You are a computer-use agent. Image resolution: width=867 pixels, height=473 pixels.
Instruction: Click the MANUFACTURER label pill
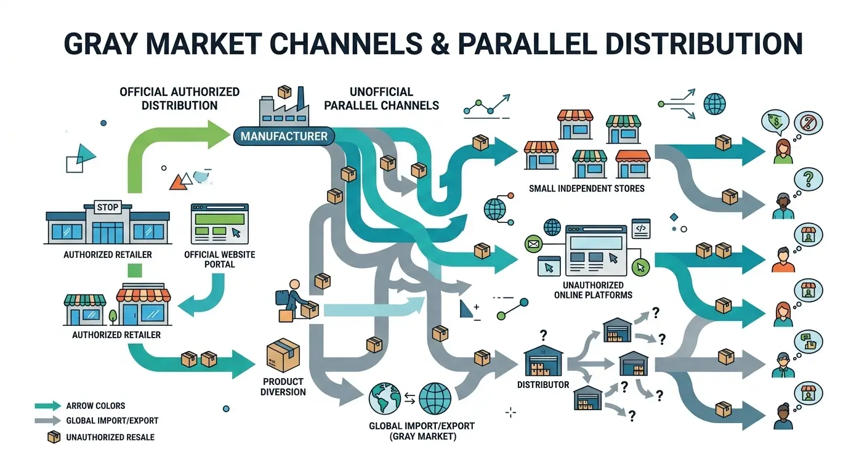click(x=284, y=136)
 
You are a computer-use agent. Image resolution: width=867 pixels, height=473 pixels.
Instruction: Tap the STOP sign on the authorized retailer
click(x=108, y=208)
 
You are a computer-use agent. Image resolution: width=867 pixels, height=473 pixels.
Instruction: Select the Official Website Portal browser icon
click(x=220, y=224)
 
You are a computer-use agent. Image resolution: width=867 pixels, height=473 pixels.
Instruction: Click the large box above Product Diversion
click(x=283, y=355)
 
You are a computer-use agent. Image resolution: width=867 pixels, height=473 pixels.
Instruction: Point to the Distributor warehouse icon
click(x=544, y=361)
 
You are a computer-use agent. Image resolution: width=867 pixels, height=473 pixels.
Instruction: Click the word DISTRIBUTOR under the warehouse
click(x=543, y=385)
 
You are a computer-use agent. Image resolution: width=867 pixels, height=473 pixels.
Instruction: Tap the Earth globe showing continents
click(x=385, y=398)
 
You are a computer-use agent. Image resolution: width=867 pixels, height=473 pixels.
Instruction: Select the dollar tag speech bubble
click(x=775, y=121)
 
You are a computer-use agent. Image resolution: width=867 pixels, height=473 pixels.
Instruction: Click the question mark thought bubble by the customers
click(x=808, y=179)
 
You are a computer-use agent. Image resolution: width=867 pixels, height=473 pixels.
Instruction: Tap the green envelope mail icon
click(x=533, y=245)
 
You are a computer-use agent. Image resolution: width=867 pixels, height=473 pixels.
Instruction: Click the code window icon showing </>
click(x=641, y=228)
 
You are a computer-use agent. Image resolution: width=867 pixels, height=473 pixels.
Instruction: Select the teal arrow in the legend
click(x=48, y=406)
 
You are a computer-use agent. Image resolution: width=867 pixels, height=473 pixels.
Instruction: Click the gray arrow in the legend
click(x=48, y=421)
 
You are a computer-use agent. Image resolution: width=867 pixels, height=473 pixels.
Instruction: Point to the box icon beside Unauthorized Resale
click(x=54, y=437)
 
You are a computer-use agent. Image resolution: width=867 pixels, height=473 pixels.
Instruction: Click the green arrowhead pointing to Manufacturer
click(x=219, y=134)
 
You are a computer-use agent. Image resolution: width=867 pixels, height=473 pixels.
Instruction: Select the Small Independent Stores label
click(x=587, y=188)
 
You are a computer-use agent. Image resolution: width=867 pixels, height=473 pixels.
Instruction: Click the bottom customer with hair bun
click(x=783, y=416)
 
